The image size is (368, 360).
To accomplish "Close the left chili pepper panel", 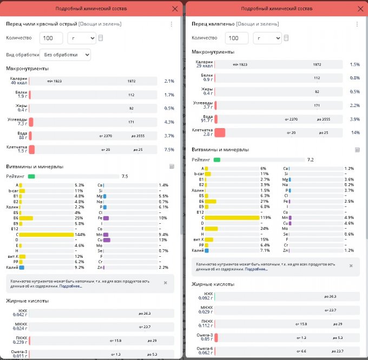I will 174,9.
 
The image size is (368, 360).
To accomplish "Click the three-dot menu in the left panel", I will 172,24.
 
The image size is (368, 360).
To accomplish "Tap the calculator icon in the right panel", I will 286,38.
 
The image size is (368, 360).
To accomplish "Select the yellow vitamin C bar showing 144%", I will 47,235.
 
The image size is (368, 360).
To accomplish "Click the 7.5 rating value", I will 125,176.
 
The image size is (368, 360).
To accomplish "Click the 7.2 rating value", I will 311,160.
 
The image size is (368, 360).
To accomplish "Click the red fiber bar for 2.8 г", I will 220,132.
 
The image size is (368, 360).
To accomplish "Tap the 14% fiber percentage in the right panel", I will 356,132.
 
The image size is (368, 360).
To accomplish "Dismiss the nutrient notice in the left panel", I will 165,282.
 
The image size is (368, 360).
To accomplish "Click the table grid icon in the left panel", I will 171,166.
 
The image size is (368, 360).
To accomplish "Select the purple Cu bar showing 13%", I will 107,240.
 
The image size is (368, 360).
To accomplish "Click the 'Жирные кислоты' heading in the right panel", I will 213,284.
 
